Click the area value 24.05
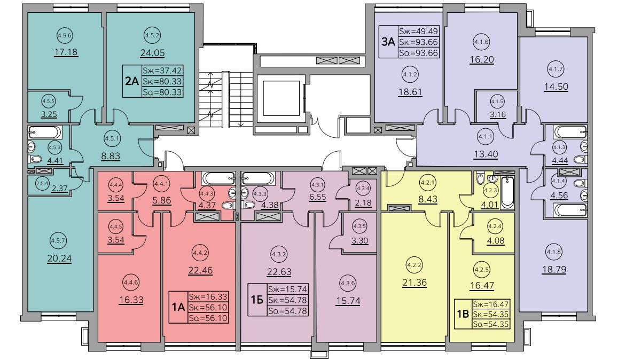click(153, 53)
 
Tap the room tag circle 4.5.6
click(65, 35)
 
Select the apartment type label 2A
click(132, 81)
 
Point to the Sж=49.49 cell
click(419, 31)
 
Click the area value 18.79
click(554, 270)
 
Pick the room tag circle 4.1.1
click(486, 137)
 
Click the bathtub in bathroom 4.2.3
click(508, 192)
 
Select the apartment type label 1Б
click(257, 300)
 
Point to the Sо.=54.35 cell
click(491, 325)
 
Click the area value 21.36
click(414, 283)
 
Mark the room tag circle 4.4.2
click(200, 253)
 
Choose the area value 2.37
click(59, 189)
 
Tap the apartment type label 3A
click(388, 42)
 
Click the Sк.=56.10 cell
click(208, 308)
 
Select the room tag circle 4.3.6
click(348, 283)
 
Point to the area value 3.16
click(498, 115)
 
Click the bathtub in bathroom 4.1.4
click(569, 210)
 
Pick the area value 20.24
click(59, 259)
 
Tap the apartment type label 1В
click(463, 314)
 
